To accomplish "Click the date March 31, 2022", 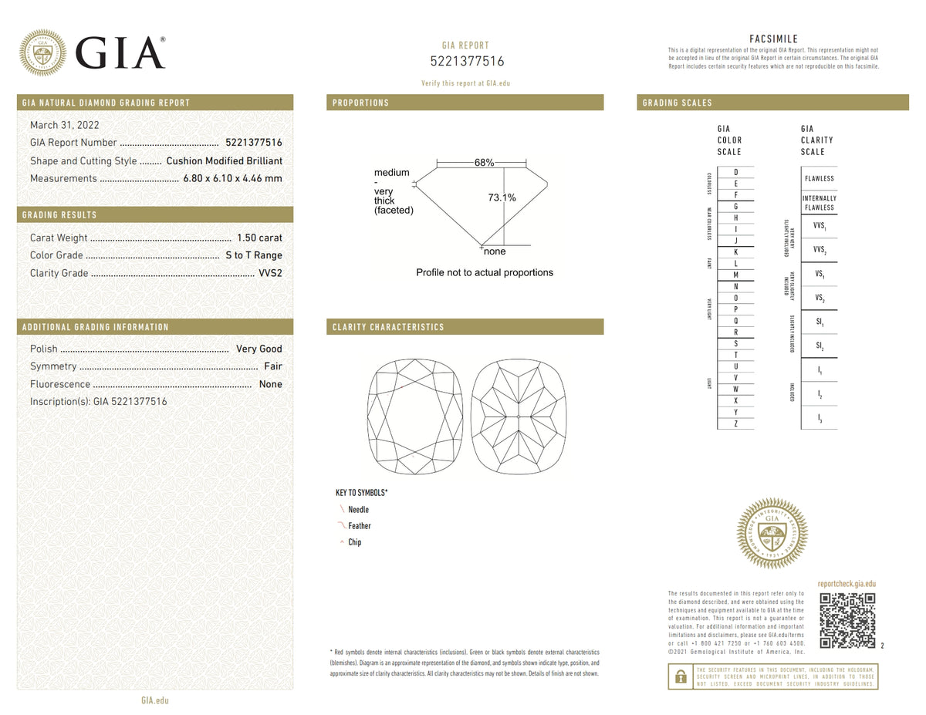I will (x=64, y=125).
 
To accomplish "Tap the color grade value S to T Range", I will (x=253, y=255).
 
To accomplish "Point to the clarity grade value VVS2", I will (x=270, y=273).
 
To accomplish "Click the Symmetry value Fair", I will (x=272, y=366).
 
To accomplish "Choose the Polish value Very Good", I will (x=259, y=349).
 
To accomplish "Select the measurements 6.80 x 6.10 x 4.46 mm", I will (x=231, y=179).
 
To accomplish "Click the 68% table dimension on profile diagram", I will (x=484, y=163).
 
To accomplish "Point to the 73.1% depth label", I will (x=502, y=197).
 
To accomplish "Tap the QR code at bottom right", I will (x=847, y=620).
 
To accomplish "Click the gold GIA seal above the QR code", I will (x=772, y=534).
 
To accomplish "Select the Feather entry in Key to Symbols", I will (x=359, y=526).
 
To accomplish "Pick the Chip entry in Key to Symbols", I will (x=354, y=542).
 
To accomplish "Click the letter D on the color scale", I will (x=735, y=171).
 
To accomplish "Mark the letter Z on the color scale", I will (x=735, y=424).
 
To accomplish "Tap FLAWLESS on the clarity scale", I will (x=819, y=178).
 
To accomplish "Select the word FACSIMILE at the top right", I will (x=773, y=39).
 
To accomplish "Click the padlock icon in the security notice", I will (x=681, y=676).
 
